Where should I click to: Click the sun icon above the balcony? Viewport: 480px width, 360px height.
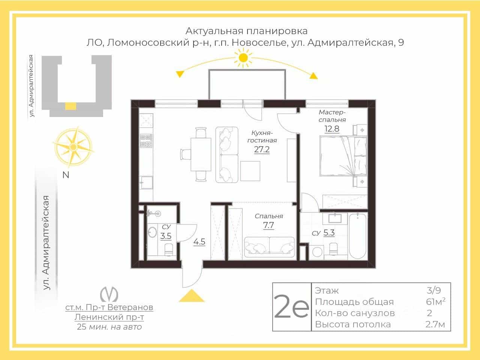coord(243,58)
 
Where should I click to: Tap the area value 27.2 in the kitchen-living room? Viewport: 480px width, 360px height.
coord(262,150)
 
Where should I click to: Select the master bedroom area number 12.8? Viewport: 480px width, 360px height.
coord(332,129)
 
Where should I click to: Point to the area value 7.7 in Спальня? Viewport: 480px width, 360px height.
coord(268,225)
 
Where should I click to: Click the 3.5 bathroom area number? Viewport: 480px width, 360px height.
coord(166,236)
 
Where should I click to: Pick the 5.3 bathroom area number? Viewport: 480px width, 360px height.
coord(329,232)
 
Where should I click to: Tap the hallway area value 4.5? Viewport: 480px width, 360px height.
coord(199,242)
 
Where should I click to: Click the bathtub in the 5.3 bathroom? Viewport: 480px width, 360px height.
coord(357,236)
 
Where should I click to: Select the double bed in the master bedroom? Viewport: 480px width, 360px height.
coord(343,156)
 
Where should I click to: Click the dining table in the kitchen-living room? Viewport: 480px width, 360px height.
coord(201,154)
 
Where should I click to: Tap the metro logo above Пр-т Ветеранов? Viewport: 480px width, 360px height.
coord(109,294)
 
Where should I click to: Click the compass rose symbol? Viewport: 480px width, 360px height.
coord(73,147)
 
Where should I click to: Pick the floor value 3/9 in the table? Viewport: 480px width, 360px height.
coord(433,291)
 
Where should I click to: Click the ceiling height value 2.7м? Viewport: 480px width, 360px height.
coord(435,324)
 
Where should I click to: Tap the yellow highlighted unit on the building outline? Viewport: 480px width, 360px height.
coord(70,106)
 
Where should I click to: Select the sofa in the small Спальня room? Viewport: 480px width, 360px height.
coord(269,247)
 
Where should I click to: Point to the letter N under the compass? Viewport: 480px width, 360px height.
coord(66,175)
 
